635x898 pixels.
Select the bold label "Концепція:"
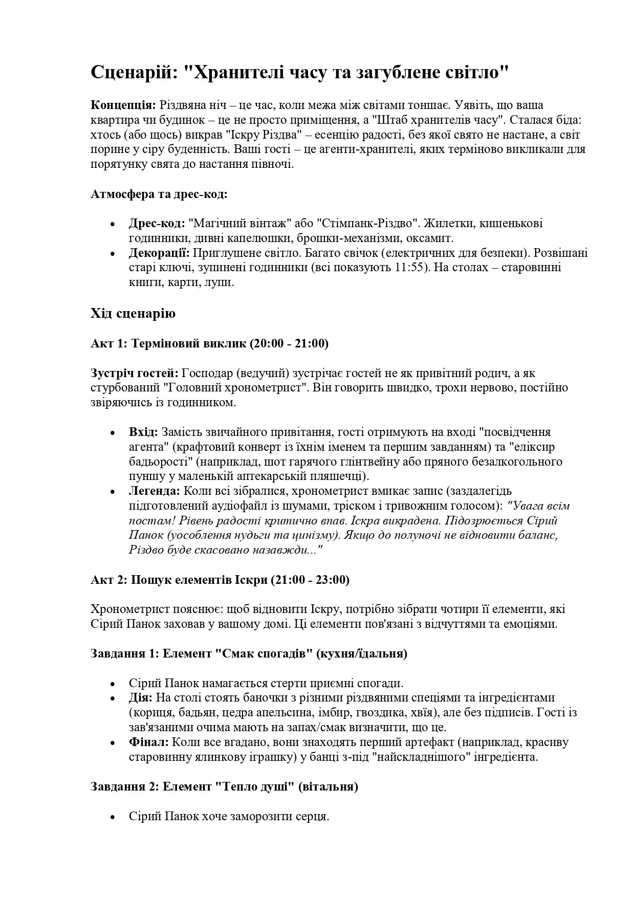pyautogui.click(x=123, y=105)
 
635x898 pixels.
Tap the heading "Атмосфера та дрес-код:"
pyautogui.click(x=159, y=194)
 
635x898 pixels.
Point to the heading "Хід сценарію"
pyautogui.click(x=133, y=313)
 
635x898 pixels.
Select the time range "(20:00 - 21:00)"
pyautogui.click(x=289, y=343)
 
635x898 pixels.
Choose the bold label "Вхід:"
pyautogui.click(x=143, y=432)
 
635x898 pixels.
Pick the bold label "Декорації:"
pyautogui.click(x=159, y=253)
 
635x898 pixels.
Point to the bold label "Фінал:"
pyautogui.click(x=148, y=742)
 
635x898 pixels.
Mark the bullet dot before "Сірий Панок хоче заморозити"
pyautogui.click(x=113, y=817)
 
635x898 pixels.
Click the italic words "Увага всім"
pyautogui.click(x=540, y=506)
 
